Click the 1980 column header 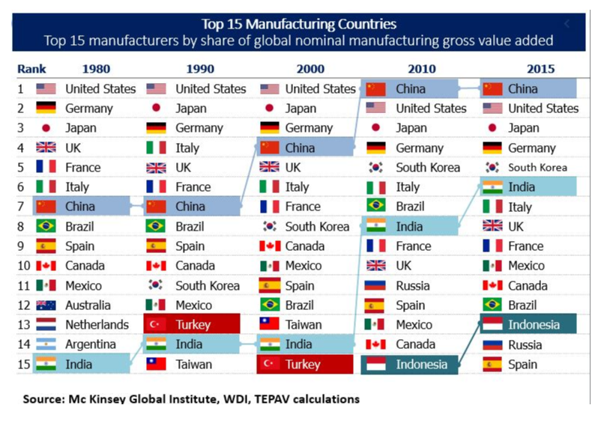[95, 69]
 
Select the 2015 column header [540, 69]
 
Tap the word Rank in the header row [31, 69]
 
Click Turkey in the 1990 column [193, 325]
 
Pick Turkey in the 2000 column [303, 365]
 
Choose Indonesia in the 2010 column [421, 365]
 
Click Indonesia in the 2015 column [534, 325]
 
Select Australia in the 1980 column [88, 305]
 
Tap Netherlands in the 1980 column [97, 325]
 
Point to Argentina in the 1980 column [91, 344]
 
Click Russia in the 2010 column [413, 285]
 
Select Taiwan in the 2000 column [303, 325]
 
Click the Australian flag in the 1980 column [46, 305]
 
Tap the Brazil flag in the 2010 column [376, 206]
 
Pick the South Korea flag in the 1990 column [156, 285]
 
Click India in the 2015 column [522, 187]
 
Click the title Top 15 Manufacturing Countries [299, 25]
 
